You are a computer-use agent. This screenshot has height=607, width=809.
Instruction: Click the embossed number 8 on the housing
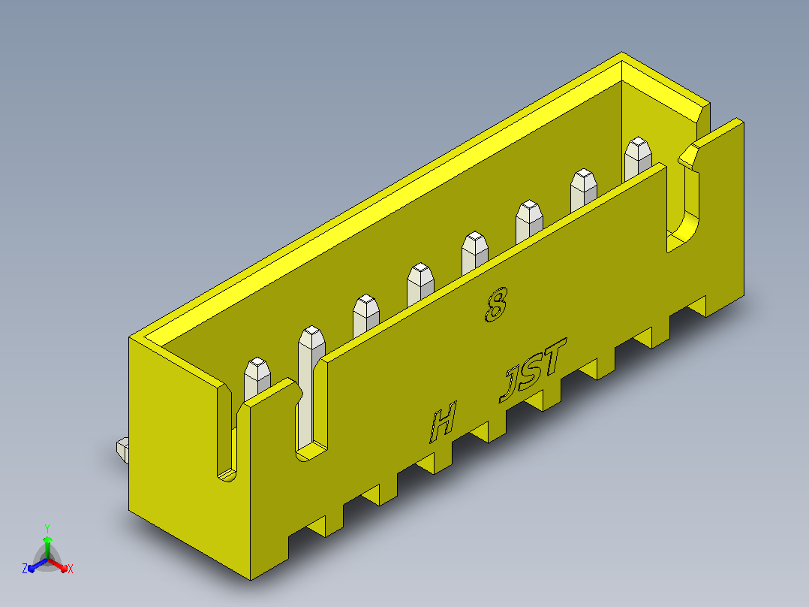click(x=496, y=305)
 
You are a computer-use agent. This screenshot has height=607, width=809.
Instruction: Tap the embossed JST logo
click(x=533, y=370)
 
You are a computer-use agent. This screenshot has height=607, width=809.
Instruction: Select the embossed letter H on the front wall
click(x=444, y=422)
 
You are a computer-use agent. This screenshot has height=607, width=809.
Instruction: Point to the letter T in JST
click(x=555, y=356)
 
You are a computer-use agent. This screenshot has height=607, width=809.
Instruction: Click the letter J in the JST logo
click(x=510, y=385)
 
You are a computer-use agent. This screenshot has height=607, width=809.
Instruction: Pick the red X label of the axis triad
click(x=71, y=569)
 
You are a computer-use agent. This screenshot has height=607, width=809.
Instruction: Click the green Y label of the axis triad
click(x=47, y=528)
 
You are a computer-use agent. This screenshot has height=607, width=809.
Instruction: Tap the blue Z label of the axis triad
click(x=25, y=569)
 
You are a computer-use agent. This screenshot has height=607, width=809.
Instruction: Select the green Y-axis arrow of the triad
click(x=47, y=548)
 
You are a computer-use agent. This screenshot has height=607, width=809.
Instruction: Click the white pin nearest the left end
click(x=257, y=378)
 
